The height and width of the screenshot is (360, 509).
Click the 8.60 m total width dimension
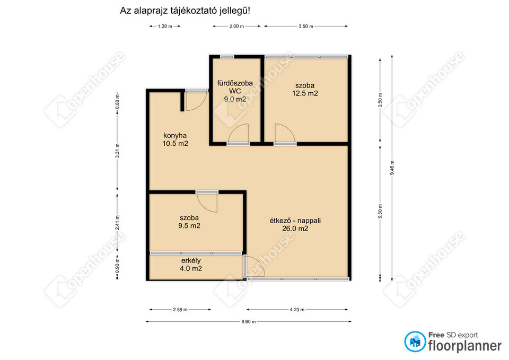[248, 322]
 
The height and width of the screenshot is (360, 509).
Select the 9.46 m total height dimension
[392, 168]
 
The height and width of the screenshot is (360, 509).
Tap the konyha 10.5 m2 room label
[175, 139]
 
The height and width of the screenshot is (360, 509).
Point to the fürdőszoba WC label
[235, 87]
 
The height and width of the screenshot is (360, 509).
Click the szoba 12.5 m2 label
[305, 89]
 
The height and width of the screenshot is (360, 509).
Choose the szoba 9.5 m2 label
[189, 222]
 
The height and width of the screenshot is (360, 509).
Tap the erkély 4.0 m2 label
[191, 264]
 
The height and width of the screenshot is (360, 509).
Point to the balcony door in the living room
[254, 266]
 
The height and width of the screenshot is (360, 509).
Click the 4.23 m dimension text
[297, 310]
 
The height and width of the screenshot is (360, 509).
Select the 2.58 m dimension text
[180, 310]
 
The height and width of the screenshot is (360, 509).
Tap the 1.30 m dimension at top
[165, 27]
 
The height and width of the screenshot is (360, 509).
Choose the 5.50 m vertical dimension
[380, 211]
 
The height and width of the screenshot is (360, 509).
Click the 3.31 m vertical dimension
[118, 151]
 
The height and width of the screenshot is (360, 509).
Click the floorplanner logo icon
[415, 341]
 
